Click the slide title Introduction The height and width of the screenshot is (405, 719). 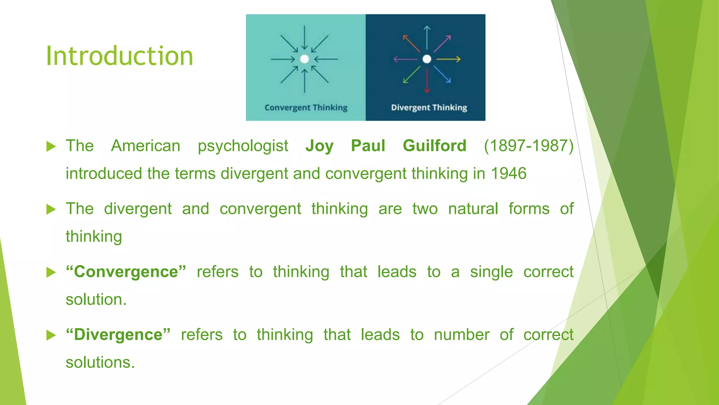tap(119, 56)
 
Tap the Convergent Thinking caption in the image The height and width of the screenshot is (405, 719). tap(306, 108)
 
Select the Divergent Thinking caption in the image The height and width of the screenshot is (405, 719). tap(429, 108)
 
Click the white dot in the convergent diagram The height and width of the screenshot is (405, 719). tap(304, 59)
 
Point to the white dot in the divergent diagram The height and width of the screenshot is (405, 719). tap(427, 59)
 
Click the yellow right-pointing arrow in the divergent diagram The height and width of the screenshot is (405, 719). tap(448, 59)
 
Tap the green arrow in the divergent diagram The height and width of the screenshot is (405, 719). tap(411, 75)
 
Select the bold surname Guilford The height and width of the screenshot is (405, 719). tap(435, 146)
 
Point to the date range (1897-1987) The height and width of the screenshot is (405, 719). tap(528, 146)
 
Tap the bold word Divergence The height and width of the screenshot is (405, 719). tap(118, 335)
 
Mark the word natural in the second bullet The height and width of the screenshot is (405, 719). tap(473, 209)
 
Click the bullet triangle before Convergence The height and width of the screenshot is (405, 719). tap(51, 272)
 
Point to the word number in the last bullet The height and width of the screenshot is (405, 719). tap(462, 335)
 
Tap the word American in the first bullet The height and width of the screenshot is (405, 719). tap(146, 146)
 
